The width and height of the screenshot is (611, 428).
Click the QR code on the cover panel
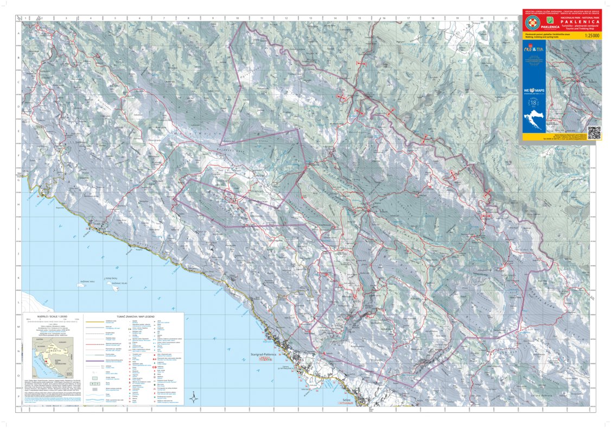[x=594, y=133]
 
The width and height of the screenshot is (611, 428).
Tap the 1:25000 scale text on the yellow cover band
[x=590, y=35]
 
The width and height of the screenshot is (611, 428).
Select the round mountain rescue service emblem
[x=530, y=23]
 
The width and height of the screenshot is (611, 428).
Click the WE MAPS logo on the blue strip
[x=533, y=90]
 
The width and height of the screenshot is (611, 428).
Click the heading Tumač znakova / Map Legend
[x=133, y=316]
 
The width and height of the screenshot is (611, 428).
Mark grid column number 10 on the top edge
[x=237, y=18]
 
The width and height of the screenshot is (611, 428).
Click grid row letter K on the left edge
[x=19, y=278]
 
